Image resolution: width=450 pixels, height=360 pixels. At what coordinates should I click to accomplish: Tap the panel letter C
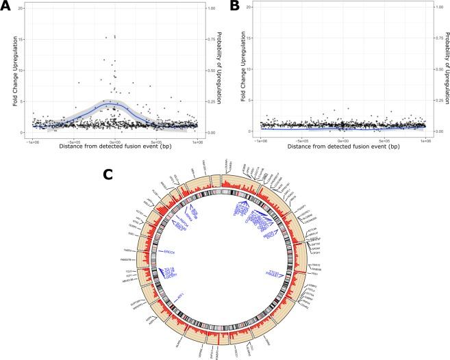coord(108,175)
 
